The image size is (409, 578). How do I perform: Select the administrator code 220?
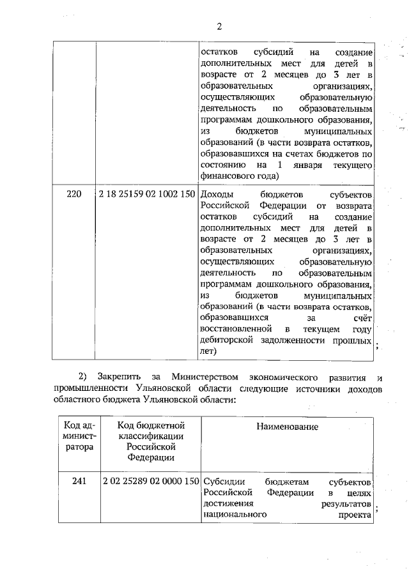[75, 194]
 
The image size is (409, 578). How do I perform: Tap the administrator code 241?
[79, 481]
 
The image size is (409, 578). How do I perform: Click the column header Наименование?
[287, 426]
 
